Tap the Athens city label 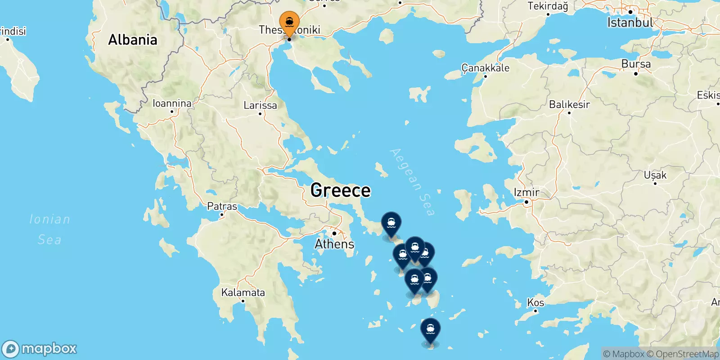click(334, 244)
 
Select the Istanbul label click(630, 22)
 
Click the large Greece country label click(341, 190)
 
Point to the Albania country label click(133, 40)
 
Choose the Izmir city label click(526, 193)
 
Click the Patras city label click(222, 207)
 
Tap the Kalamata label click(243, 292)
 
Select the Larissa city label click(260, 105)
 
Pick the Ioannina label click(172, 103)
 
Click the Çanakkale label click(486, 68)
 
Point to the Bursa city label click(636, 64)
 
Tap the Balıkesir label click(569, 104)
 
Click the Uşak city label click(655, 175)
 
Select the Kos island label click(535, 302)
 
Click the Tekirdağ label click(548, 6)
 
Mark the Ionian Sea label click(49, 229)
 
